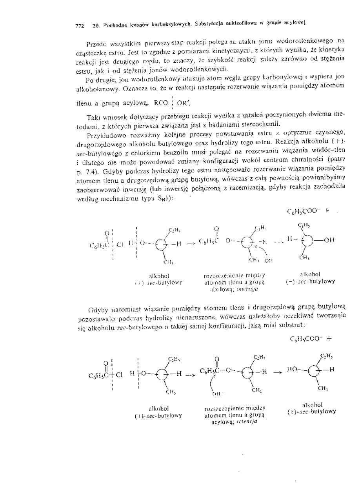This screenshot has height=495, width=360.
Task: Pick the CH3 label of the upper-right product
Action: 303,257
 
